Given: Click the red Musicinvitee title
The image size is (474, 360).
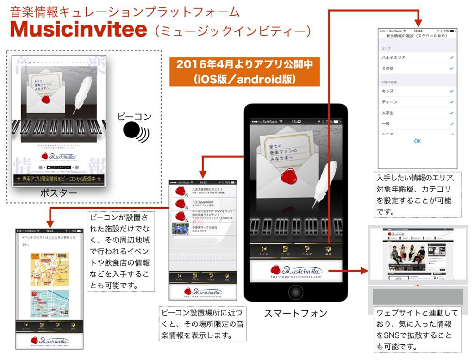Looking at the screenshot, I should [79, 30].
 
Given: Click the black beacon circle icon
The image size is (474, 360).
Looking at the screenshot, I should [133, 130].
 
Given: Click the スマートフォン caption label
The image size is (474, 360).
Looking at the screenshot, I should [295, 313].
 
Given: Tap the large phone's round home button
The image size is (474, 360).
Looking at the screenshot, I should [295, 292].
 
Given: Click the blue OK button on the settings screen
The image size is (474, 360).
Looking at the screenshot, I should [417, 141].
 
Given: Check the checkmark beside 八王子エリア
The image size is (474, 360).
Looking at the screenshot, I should [451, 58].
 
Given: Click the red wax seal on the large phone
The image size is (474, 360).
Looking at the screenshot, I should [288, 176].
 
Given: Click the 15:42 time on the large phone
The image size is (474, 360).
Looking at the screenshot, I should [297, 122].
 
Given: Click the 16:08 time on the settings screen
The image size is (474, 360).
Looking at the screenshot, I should [418, 31].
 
